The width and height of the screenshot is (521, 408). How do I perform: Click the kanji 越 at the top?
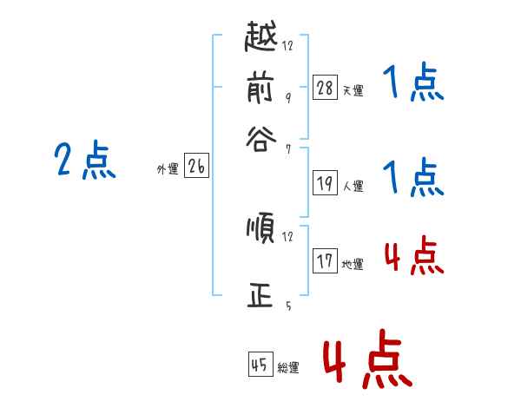click(x=260, y=38)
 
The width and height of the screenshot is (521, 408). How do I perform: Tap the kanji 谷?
click(x=260, y=139)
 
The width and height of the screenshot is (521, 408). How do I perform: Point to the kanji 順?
click(x=260, y=229)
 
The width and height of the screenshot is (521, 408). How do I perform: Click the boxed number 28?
click(x=324, y=87)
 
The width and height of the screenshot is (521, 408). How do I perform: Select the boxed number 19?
click(x=324, y=183)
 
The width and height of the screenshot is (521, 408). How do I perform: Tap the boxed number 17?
click(x=324, y=260)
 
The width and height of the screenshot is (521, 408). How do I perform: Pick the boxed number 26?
click(x=196, y=168)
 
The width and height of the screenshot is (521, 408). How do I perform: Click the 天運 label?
click(x=353, y=90)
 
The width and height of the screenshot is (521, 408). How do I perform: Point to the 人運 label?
click(x=353, y=186)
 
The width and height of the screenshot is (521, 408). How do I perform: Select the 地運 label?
click(x=353, y=264)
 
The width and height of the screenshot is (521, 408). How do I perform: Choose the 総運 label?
click(x=288, y=368)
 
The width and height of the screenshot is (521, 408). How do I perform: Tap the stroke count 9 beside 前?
click(x=287, y=97)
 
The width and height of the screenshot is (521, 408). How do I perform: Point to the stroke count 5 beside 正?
click(x=287, y=306)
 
